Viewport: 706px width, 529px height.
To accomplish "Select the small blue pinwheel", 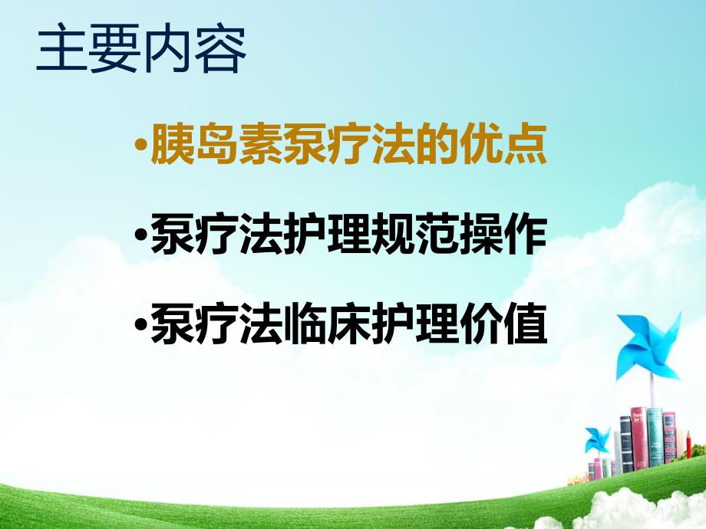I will [596, 439].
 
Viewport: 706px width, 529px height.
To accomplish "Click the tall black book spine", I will [625, 445].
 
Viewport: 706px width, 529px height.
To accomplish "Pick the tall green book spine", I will [654, 438].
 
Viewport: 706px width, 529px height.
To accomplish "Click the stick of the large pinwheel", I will [652, 395].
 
